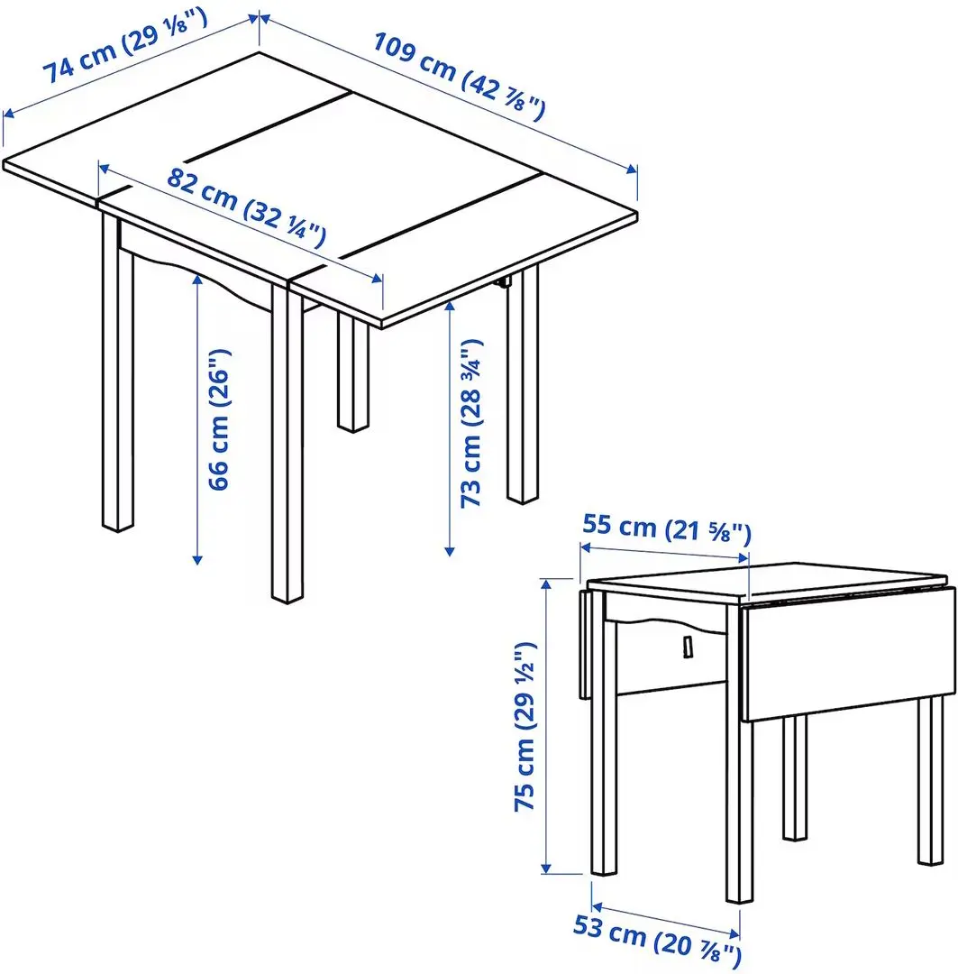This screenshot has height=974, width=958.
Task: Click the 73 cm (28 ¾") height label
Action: [x=473, y=424]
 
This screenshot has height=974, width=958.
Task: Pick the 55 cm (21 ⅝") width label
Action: [x=666, y=528]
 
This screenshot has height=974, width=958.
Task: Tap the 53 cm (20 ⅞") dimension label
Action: [x=657, y=940]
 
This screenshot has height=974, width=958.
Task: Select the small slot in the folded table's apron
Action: [x=687, y=647]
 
